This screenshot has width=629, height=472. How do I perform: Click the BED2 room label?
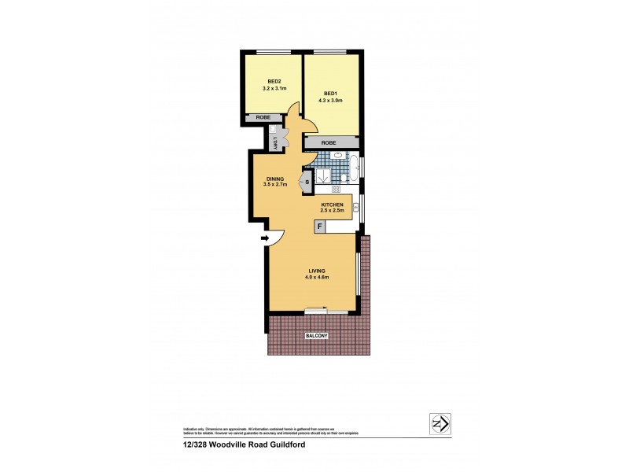click(x=274, y=81)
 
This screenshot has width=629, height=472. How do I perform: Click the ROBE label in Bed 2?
click(x=263, y=119)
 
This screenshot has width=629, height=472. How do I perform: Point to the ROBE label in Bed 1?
click(x=329, y=142)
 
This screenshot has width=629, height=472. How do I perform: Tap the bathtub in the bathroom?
click(x=353, y=167)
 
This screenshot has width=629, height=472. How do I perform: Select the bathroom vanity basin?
click(x=337, y=156)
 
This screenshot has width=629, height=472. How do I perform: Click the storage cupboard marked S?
click(x=307, y=183)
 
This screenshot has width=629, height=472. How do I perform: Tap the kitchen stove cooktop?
click(x=335, y=190)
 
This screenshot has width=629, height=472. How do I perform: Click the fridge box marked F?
click(x=320, y=227)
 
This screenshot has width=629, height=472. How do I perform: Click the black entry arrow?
click(x=265, y=238)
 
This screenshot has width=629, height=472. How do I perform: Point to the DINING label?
click(x=274, y=179)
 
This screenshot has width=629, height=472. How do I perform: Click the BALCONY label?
click(x=317, y=336)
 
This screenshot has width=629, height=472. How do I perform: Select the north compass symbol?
click(x=439, y=424)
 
